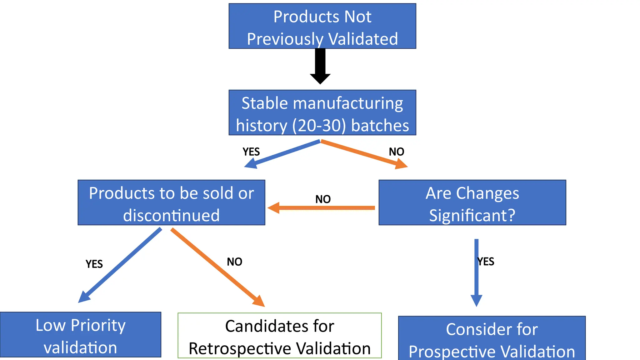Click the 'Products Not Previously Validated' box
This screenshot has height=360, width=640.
(322, 26)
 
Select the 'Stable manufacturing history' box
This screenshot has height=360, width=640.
(322, 112)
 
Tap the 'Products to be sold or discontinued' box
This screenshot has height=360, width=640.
(171, 202)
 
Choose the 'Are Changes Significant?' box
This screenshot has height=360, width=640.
(472, 202)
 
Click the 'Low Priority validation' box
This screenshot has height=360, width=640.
(80, 335)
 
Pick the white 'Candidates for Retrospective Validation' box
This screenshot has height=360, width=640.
(279, 335)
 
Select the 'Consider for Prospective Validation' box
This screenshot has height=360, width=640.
(492, 338)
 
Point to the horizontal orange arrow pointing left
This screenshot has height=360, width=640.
(322, 208)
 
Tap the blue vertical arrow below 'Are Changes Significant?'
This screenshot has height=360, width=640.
(476, 272)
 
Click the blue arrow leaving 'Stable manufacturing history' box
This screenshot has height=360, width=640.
(283, 154)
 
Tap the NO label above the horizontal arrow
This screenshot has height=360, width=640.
(323, 199)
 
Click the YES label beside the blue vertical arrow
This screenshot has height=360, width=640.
(486, 262)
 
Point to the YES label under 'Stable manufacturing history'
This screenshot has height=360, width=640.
(251, 152)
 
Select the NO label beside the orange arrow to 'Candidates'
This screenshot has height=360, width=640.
(234, 262)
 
